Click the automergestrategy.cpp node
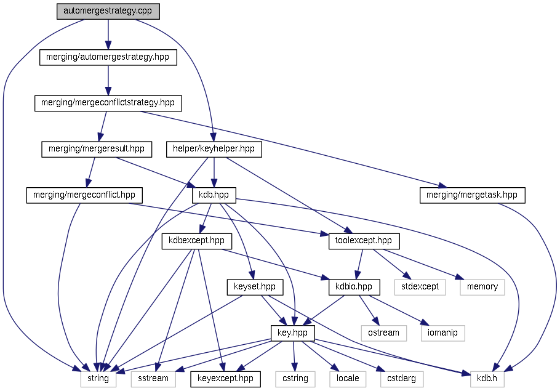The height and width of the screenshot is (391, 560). point(108,11)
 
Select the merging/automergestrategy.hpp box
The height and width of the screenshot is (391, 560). point(108,57)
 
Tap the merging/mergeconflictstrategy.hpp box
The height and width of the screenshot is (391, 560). point(108,103)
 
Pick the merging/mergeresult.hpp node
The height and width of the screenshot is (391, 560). point(96,149)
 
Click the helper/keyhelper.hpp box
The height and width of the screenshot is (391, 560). point(214,149)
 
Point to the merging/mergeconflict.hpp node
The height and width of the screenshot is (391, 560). point(84,195)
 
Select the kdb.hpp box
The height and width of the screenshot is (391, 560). point(214,195)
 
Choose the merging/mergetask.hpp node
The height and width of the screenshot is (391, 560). point(472,195)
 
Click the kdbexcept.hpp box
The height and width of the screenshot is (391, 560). point(193,241)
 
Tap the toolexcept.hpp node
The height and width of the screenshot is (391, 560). point(364,241)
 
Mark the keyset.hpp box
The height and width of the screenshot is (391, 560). point(255,287)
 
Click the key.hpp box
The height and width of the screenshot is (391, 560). point(293,333)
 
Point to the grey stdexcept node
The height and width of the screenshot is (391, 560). point(420,287)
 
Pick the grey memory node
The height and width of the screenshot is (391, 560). point(482,287)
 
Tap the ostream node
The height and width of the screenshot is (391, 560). point(384,333)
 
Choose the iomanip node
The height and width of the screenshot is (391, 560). point(442,333)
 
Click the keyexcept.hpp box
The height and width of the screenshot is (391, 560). point(225,379)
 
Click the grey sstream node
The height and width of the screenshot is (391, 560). point(153,379)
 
